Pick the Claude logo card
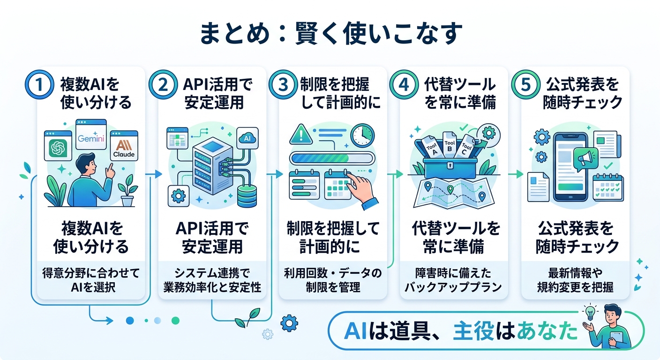125,145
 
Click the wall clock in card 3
362,135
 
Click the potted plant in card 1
127,192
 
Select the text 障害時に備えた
454,273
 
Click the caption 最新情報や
575,273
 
